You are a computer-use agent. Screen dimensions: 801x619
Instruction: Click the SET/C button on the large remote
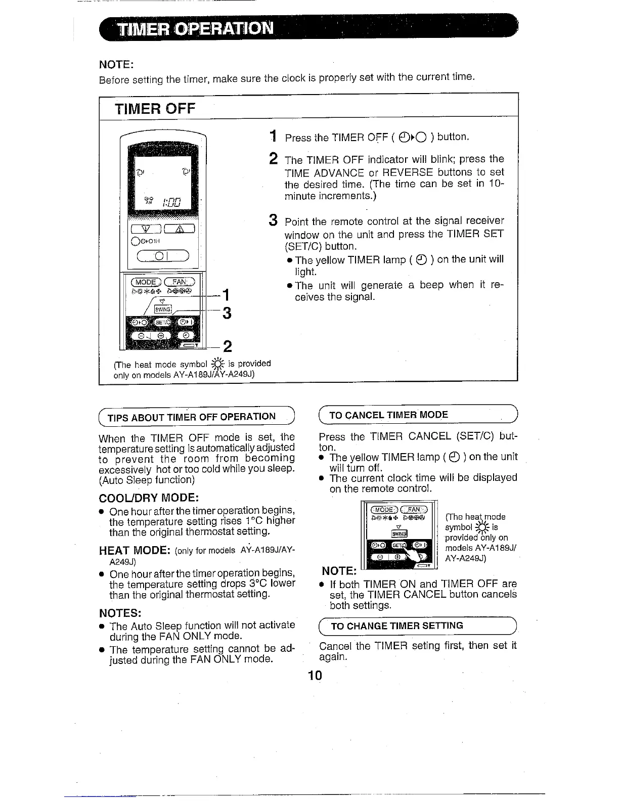pos(161,322)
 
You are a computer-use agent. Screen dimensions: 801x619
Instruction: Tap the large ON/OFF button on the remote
pos(163,256)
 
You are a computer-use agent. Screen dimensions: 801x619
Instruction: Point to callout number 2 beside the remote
pos(227,346)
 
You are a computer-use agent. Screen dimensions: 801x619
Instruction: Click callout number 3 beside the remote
pos(227,314)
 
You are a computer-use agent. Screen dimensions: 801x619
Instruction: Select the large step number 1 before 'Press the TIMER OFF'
pos(273,137)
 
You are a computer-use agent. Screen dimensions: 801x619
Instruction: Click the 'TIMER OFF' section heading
pos(155,109)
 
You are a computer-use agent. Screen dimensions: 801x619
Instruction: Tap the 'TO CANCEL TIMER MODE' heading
pos(388,415)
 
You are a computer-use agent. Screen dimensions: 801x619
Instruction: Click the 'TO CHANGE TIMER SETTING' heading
pos(396,626)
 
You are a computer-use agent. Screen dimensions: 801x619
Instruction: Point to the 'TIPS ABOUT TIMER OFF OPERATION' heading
pos(192,417)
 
